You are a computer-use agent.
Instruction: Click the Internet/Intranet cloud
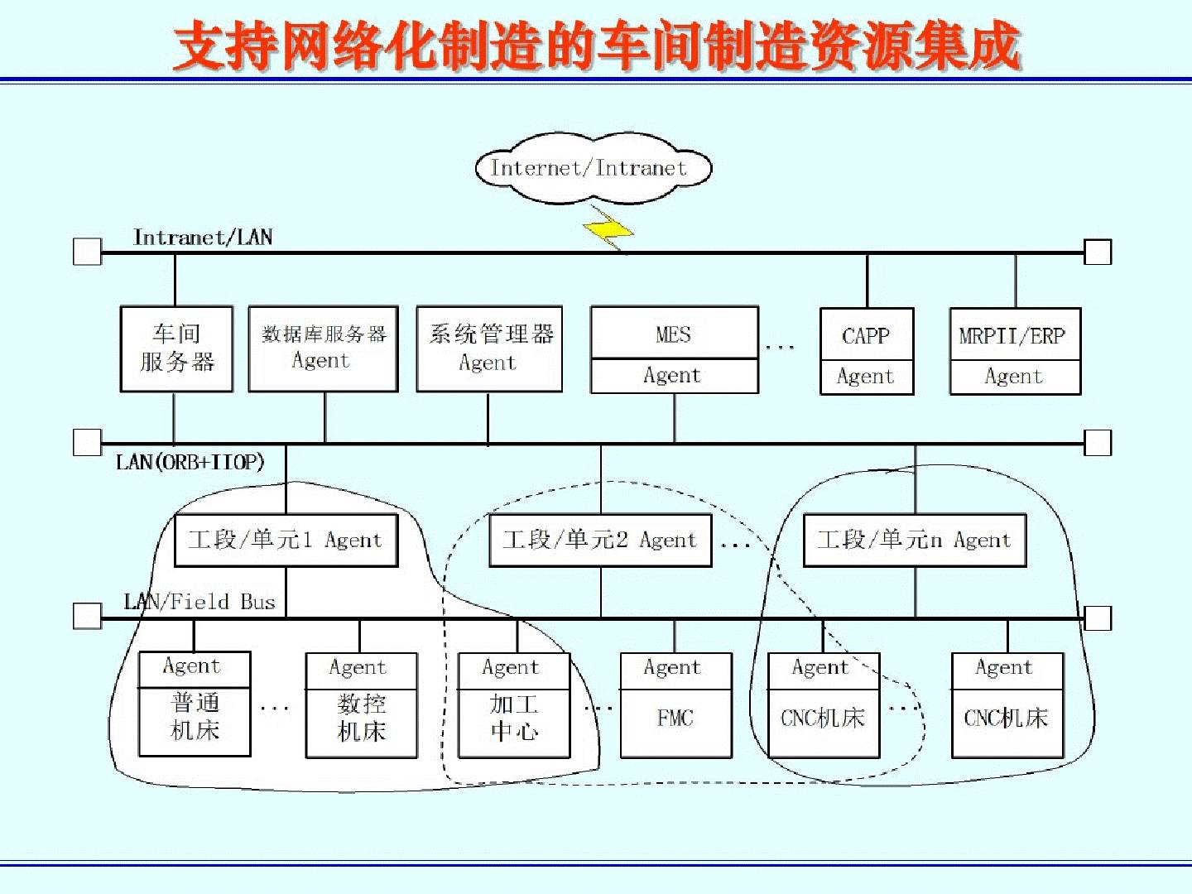pyautogui.click(x=593, y=169)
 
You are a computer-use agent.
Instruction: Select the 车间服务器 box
pyautogui.click(x=176, y=348)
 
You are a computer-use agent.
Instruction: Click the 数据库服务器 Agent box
pyautogui.click(x=323, y=348)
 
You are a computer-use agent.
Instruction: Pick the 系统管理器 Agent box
pyautogui.click(x=489, y=348)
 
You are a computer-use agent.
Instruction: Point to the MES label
pyautogui.click(x=673, y=334)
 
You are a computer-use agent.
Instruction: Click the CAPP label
pyautogui.click(x=866, y=336)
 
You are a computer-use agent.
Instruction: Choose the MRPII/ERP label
pyautogui.click(x=1013, y=336)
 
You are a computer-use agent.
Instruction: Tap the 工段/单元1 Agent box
pyautogui.click(x=286, y=541)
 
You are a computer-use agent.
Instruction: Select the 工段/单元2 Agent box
pyautogui.click(x=600, y=541)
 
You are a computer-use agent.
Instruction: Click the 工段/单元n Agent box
pyautogui.click(x=915, y=541)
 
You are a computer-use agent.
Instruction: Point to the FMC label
pyautogui.click(x=675, y=719)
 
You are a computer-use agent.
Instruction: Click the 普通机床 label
pyautogui.click(x=195, y=717)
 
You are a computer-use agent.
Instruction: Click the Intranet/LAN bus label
pyautogui.click(x=203, y=238)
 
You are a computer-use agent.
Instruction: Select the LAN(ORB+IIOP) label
pyautogui.click(x=190, y=462)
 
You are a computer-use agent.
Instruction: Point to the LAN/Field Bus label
pyautogui.click(x=199, y=602)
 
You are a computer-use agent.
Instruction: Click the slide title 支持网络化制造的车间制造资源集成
pyautogui.click(x=596, y=46)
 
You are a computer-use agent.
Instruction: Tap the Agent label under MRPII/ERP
pyautogui.click(x=1013, y=377)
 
